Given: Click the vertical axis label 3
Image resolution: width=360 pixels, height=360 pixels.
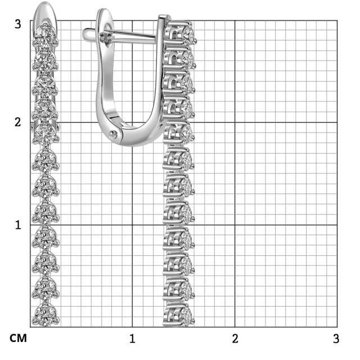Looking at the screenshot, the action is (17, 24).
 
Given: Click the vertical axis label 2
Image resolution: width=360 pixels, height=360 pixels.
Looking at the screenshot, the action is (17, 122).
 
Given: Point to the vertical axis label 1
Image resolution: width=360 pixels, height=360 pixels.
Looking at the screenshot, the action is (18, 225).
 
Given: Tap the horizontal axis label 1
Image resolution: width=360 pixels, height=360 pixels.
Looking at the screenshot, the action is (132, 339).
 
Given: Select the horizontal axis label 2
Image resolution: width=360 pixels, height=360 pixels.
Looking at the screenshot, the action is (235, 339).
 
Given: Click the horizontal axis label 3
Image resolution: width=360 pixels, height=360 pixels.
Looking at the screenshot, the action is (336, 339).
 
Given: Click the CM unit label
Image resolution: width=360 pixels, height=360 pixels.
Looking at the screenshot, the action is (18, 339).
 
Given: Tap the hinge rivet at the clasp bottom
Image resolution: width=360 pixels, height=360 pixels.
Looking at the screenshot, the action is (113, 134).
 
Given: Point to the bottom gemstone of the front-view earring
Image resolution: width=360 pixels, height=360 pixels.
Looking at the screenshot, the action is (46, 314).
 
